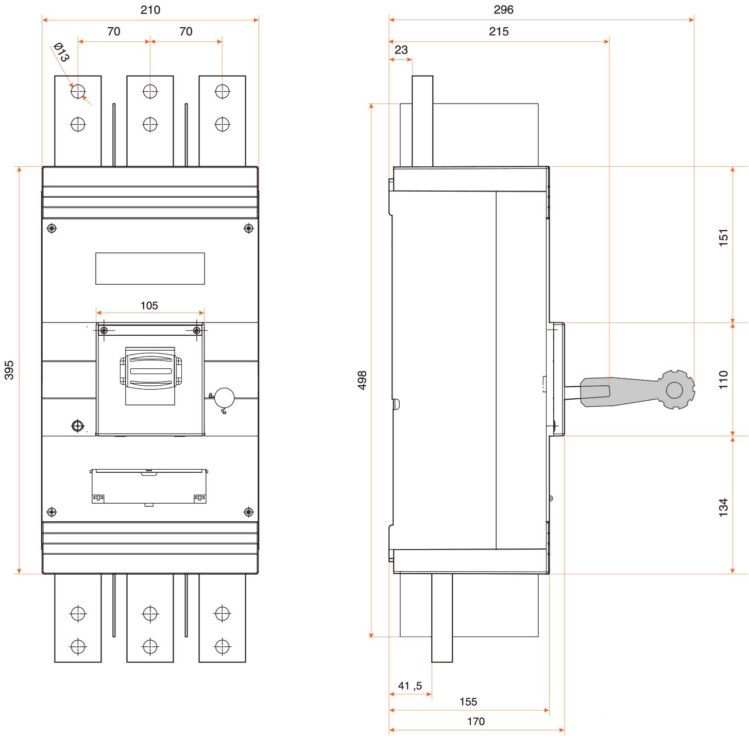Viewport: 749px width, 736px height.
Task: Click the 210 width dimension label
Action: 150,10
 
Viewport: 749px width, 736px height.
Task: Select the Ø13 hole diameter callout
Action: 61,52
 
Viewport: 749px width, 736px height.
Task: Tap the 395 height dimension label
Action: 9,370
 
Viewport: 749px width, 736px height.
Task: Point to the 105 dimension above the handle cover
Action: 149,305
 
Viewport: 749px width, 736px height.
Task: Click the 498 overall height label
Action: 362,380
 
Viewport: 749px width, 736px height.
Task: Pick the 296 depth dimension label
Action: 503,10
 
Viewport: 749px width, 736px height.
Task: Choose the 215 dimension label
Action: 499,31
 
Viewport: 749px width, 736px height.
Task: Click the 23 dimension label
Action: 401,50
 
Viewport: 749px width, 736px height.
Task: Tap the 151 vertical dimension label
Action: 724,238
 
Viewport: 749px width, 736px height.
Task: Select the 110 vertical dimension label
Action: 724,380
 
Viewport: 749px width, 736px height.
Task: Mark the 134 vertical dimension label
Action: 724,507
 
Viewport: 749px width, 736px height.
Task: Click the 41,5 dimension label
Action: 410,686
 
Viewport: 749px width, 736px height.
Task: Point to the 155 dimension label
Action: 468,701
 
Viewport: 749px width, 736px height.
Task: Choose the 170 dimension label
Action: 476,721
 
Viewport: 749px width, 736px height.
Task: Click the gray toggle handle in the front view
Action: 150,371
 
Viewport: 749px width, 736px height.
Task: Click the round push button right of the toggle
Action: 224,398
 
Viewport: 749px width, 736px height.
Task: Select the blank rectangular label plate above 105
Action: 150,268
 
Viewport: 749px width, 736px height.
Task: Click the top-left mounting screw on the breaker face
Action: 52,228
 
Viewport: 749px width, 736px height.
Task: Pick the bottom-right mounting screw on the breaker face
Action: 248,512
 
